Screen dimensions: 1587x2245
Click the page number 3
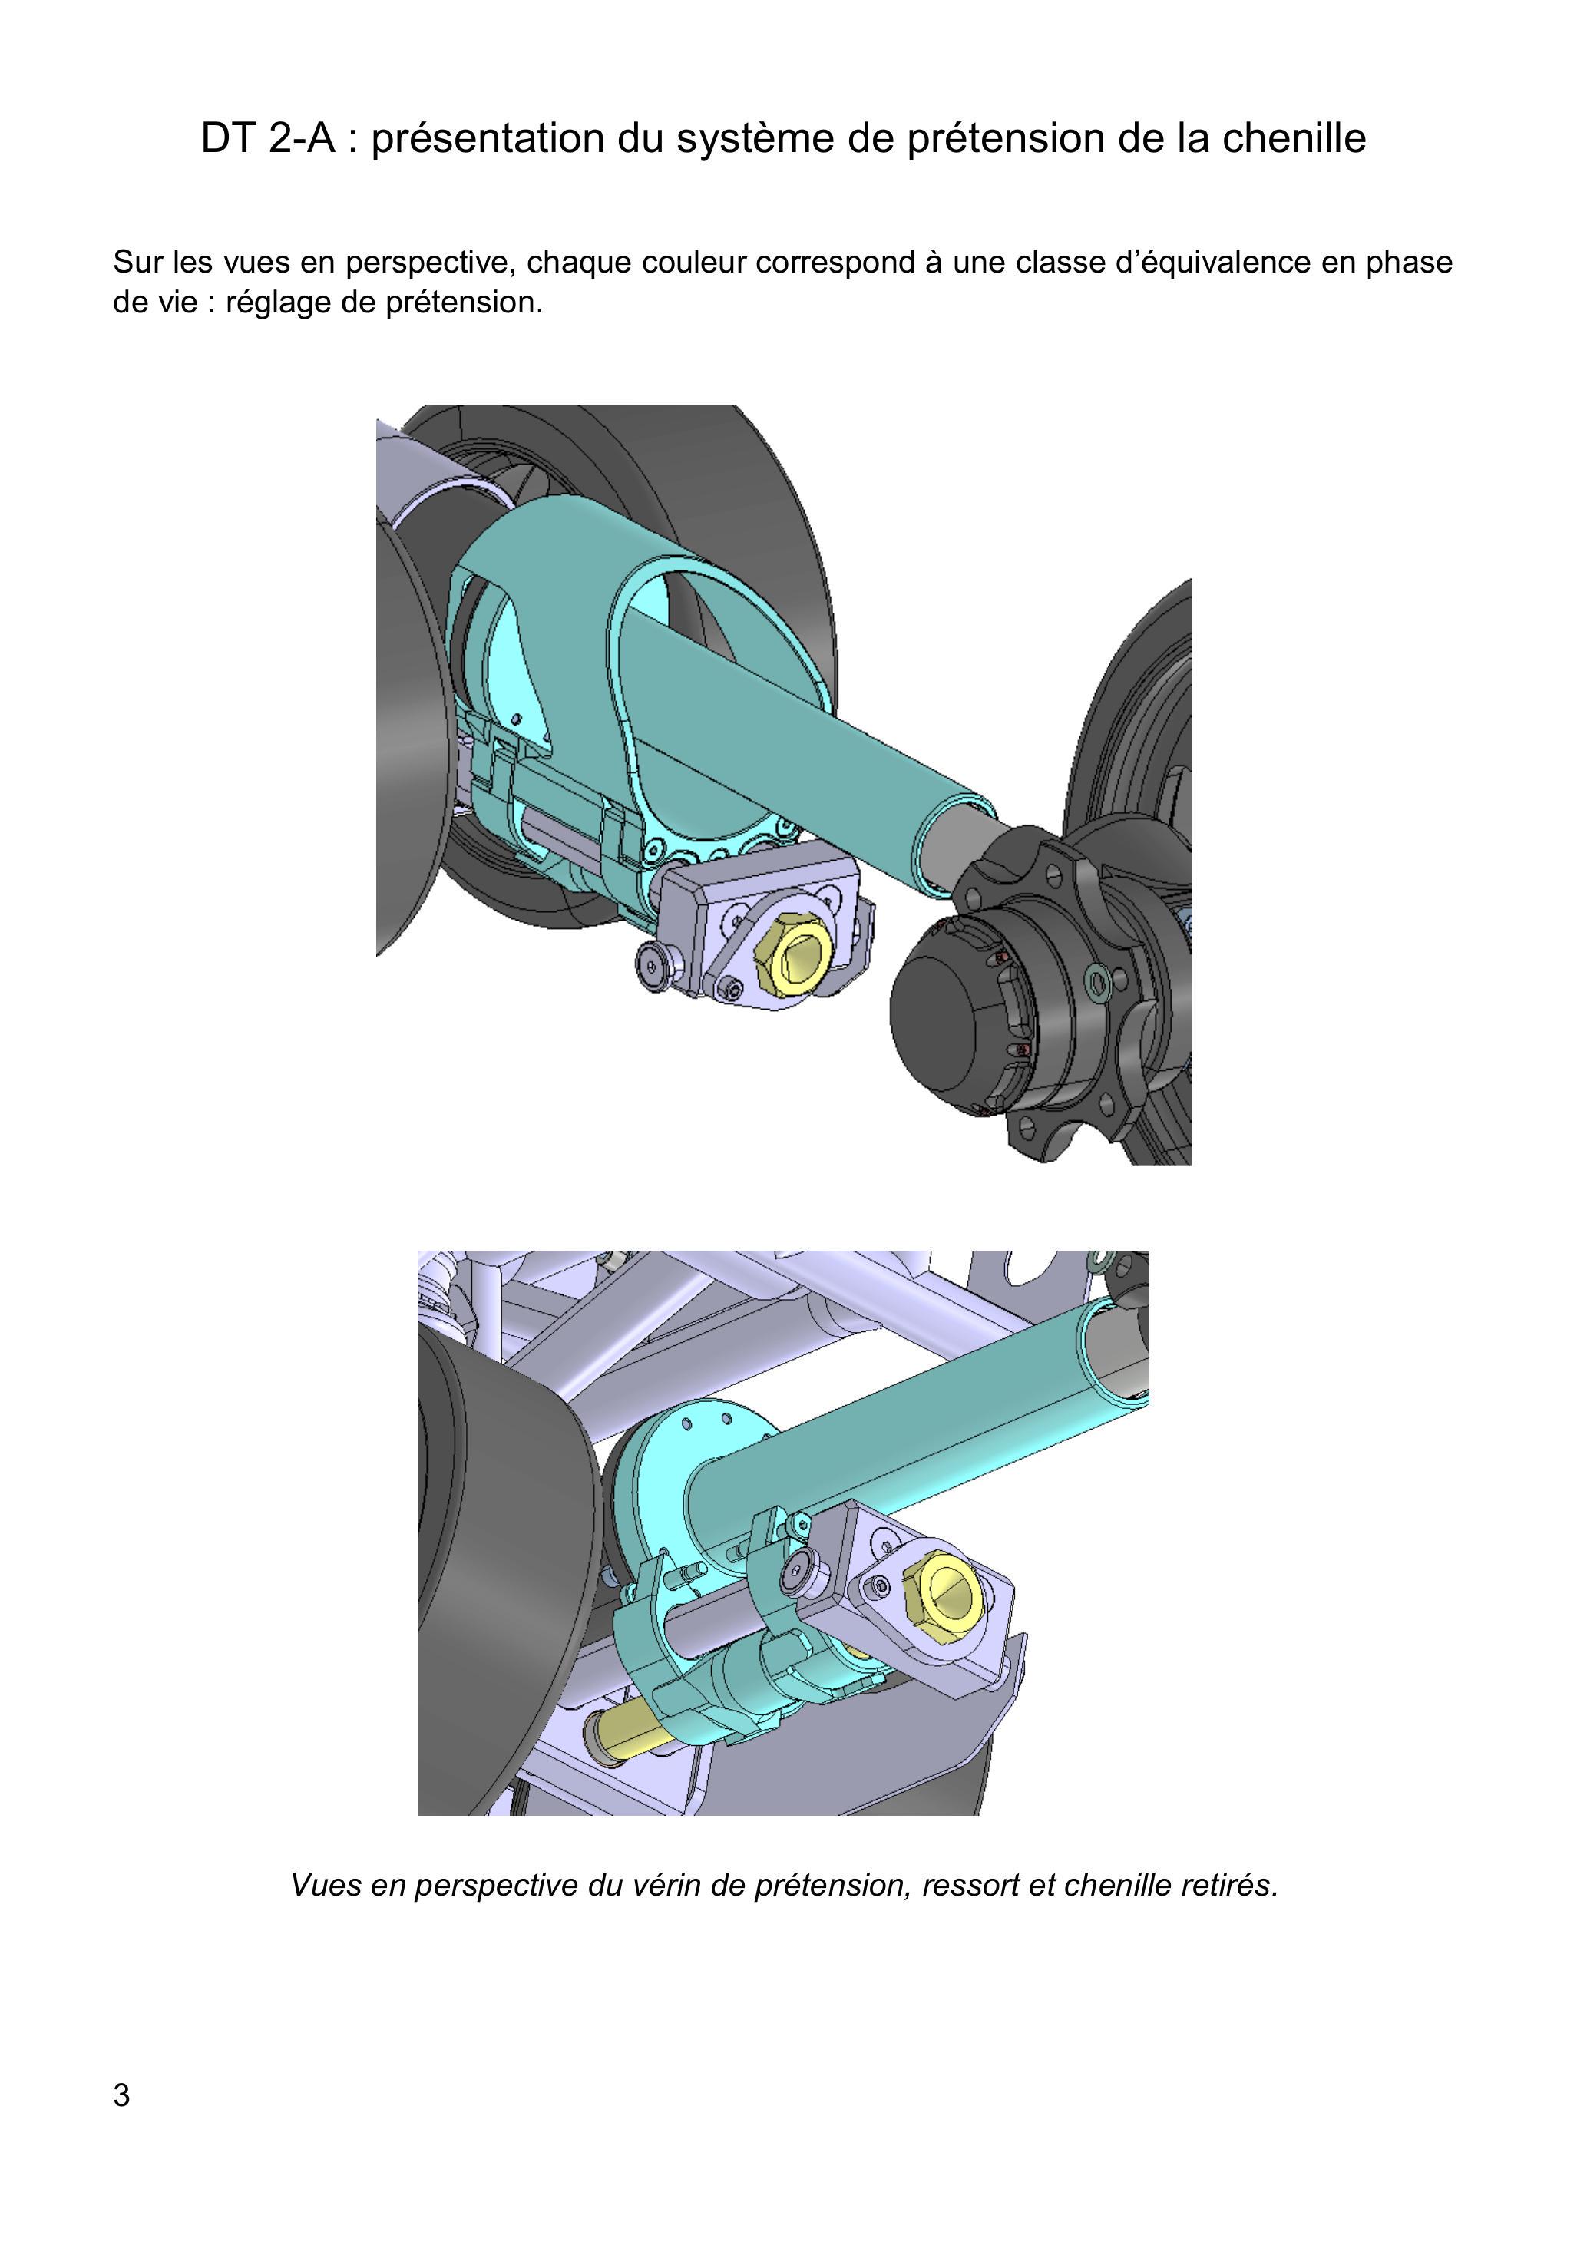coord(121,2095)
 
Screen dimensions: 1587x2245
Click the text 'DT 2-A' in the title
coord(268,139)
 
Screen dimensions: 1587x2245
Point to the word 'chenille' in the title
coord(1294,139)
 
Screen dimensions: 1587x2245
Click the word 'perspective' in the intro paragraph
coord(430,263)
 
